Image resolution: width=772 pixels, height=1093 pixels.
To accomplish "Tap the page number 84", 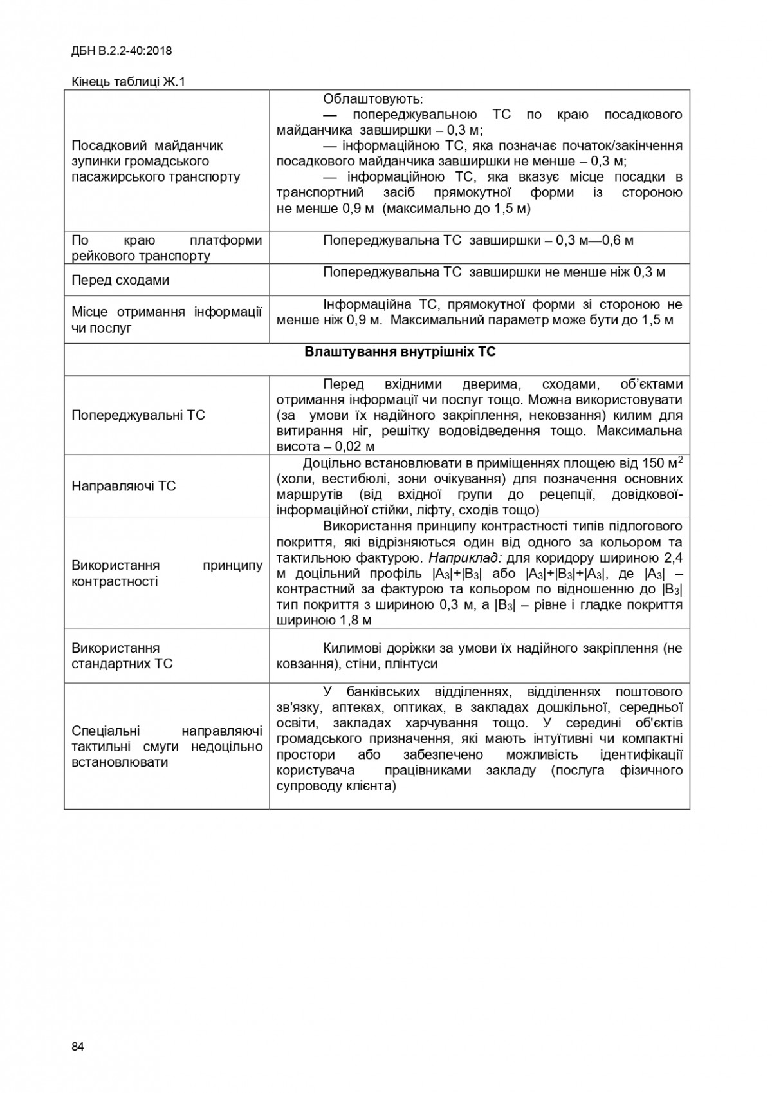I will pyautogui.click(x=78, y=1046).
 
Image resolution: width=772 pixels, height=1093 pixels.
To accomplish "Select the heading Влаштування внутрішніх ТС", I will pyautogui.click(x=400, y=353).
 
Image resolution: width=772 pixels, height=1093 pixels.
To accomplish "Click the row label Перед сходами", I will pyautogui.click(x=120, y=280).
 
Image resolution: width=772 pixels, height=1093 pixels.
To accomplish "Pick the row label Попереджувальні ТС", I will pyautogui.click(x=138, y=415).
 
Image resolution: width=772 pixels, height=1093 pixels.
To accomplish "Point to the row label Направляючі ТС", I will pyautogui.click(x=124, y=486).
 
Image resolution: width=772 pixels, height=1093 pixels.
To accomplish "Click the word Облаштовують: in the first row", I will pyautogui.click(x=373, y=100).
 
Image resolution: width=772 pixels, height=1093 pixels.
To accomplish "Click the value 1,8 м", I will pyautogui.click(x=352, y=621).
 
